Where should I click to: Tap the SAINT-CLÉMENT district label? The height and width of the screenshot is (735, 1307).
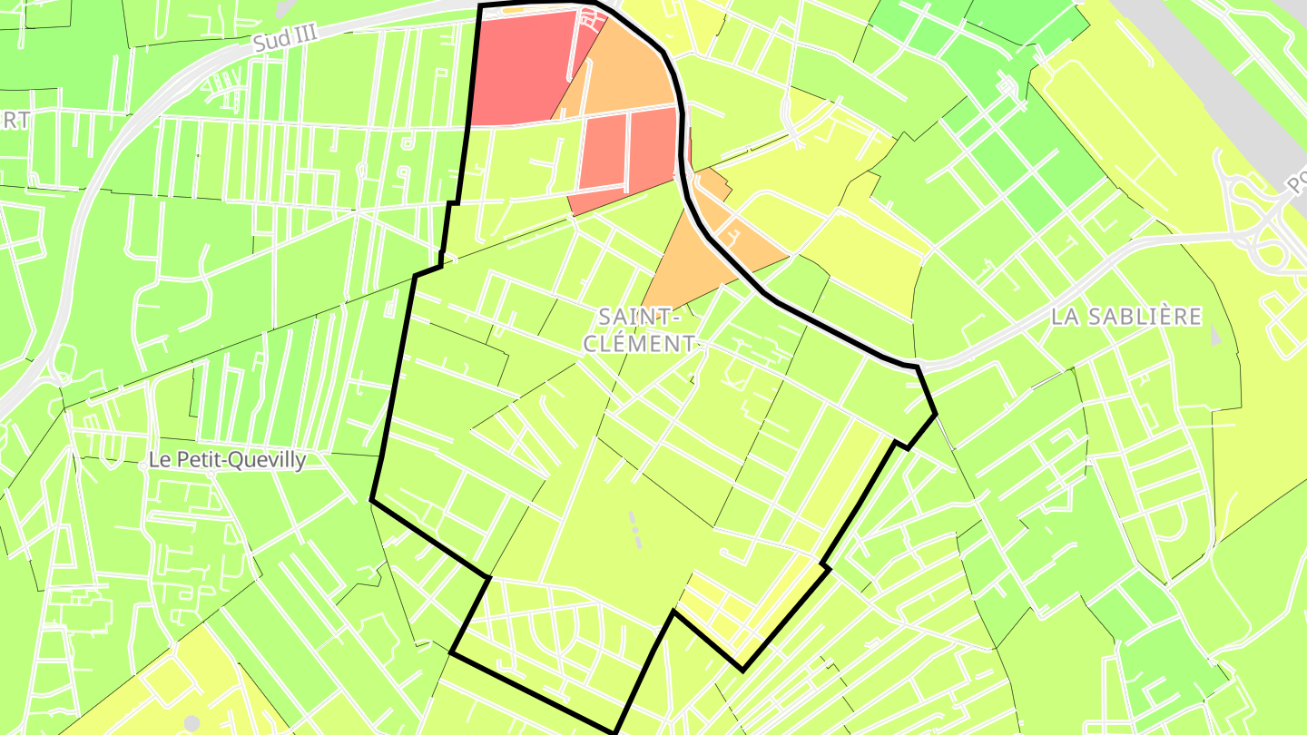(640, 329)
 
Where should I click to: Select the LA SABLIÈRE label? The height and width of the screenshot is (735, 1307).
(1126, 317)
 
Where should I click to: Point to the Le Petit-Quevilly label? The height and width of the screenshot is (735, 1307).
(227, 460)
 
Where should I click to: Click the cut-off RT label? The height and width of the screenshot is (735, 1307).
(15, 120)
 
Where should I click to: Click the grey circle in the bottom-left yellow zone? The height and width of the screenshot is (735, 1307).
(192, 722)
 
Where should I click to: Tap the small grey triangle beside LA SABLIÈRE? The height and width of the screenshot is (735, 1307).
(1214, 335)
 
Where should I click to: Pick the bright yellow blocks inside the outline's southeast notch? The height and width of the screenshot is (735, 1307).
(726, 617)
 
